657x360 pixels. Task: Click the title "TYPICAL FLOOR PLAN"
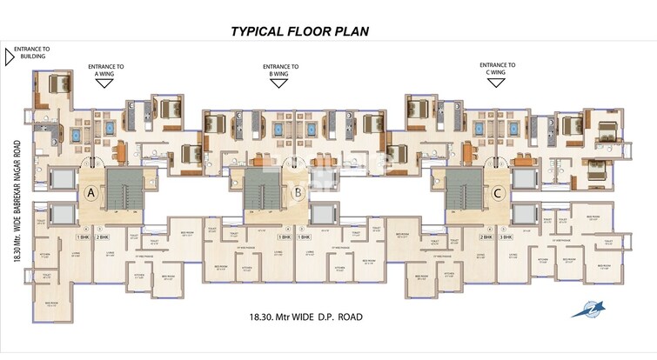(x=300, y=31)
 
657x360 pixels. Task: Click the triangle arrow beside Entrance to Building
(x=9, y=57)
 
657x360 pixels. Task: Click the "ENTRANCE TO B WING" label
(x=281, y=70)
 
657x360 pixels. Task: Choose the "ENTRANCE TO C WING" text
(x=499, y=69)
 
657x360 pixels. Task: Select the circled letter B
(x=298, y=192)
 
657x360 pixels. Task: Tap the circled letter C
(x=498, y=192)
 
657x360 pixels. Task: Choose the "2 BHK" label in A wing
(x=103, y=237)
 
